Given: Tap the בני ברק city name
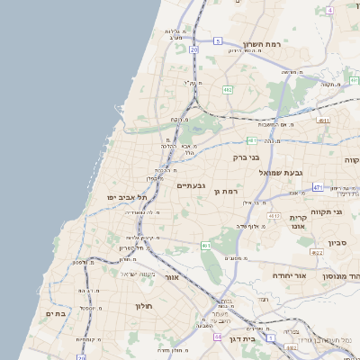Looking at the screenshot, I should (x=246, y=157).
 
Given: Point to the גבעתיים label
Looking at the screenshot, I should (x=192, y=185).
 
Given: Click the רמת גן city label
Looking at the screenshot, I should (x=224, y=192).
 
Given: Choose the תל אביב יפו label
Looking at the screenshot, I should (x=125, y=197).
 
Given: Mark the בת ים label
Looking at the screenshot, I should (x=56, y=313).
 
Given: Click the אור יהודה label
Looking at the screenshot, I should (x=289, y=275).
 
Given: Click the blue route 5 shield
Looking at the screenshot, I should (x=218, y=40).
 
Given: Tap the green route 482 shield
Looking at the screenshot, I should (x=228, y=90).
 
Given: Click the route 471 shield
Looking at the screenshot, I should (x=318, y=187).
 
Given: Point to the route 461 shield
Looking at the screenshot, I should (x=206, y=245).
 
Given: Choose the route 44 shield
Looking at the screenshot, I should (x=218, y=337).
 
